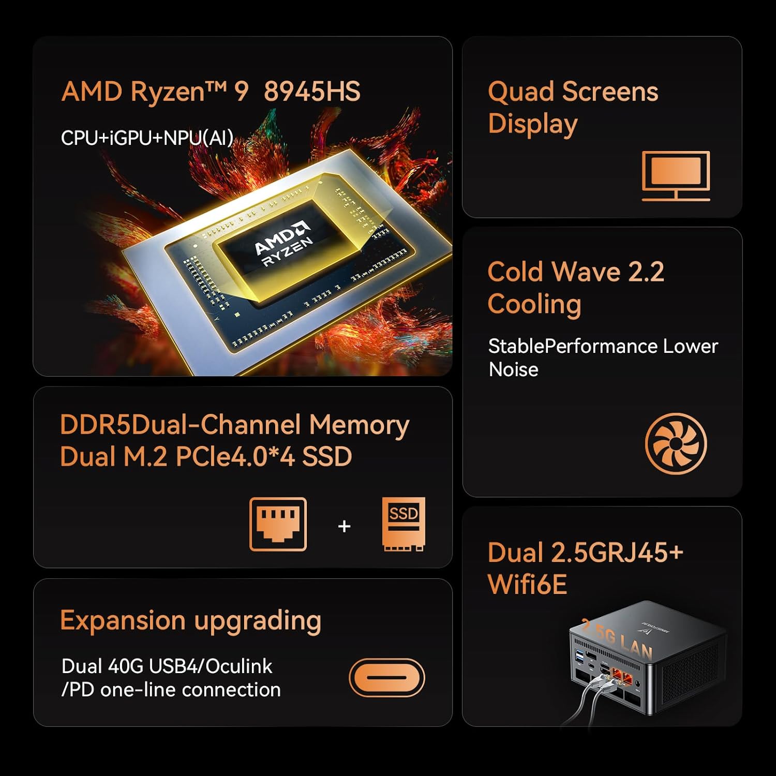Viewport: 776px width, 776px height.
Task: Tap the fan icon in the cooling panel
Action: [x=676, y=443]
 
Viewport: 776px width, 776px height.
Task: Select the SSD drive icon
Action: [x=404, y=524]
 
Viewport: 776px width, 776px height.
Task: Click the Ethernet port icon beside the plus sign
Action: [x=278, y=524]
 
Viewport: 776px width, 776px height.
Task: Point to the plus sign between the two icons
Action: [x=344, y=526]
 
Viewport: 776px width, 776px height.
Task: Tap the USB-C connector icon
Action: [x=386, y=677]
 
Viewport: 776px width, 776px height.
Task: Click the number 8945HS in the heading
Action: [x=312, y=92]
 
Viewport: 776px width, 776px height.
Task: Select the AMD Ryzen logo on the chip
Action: [x=284, y=245]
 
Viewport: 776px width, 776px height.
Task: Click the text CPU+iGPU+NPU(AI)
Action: [x=147, y=138]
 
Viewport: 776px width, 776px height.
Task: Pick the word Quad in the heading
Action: [x=521, y=92]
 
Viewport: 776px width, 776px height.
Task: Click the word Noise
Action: [x=513, y=369]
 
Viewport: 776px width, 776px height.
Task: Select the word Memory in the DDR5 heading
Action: [x=359, y=426]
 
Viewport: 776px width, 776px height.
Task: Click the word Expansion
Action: [x=123, y=621]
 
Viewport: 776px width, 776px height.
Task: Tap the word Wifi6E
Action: [x=527, y=585]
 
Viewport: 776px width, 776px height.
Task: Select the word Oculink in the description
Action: [x=238, y=666]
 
